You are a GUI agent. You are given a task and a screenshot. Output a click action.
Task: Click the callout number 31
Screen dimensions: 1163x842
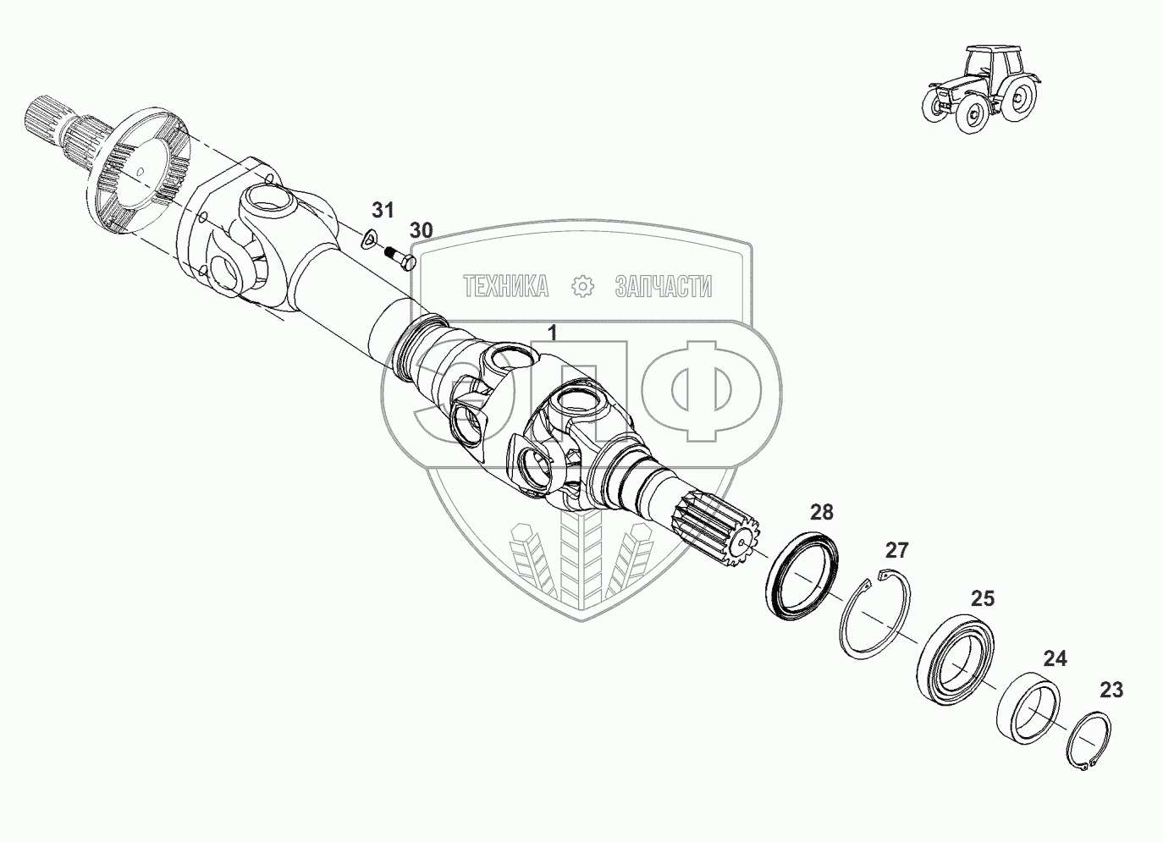coord(383,210)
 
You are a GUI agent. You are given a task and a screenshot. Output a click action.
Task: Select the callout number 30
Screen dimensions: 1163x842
coord(421,230)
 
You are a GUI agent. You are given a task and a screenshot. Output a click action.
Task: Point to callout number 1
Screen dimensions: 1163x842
coord(552,333)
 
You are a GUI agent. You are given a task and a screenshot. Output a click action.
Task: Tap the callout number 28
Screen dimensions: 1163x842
coord(821,512)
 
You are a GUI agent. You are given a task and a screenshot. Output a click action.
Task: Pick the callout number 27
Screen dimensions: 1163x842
coord(896,551)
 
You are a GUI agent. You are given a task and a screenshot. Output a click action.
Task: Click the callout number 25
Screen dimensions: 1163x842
coord(982,599)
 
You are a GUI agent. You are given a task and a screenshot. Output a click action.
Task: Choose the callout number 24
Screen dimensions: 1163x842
coord(1055,658)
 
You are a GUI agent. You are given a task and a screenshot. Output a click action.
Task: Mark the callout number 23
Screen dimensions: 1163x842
coord(1111,690)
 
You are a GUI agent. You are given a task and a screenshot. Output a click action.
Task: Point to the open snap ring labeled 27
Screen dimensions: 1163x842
coord(876,615)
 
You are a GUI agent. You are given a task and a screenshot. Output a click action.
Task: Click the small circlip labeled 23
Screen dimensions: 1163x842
coord(1087,742)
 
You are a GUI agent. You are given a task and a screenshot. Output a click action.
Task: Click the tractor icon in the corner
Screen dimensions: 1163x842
coord(978,89)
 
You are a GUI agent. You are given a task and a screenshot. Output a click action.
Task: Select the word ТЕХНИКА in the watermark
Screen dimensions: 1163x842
coord(505,287)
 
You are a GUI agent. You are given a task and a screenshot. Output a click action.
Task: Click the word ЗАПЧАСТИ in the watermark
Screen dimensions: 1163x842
coord(663,287)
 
